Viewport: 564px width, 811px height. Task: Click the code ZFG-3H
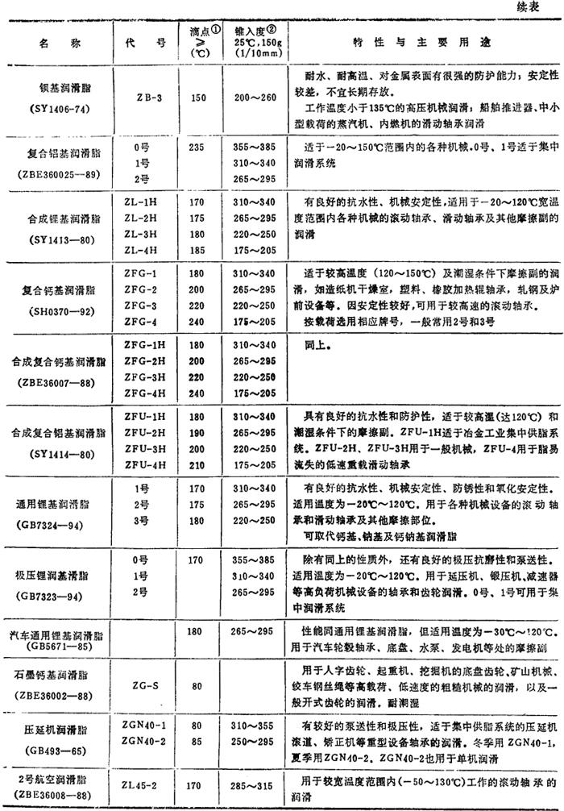tap(146, 375)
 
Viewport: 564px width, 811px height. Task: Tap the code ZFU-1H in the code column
tap(146, 415)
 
